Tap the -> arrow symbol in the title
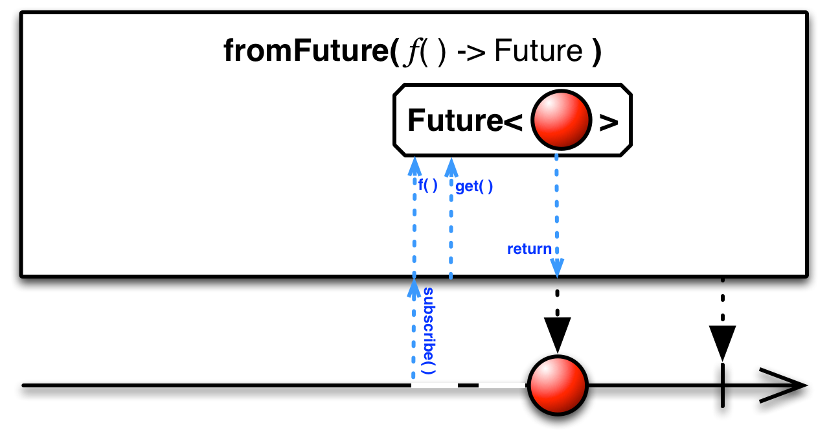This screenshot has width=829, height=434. (x=471, y=52)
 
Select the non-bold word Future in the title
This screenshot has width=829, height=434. (x=538, y=51)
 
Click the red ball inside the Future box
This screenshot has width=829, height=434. (x=562, y=120)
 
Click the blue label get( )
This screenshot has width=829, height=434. (x=474, y=187)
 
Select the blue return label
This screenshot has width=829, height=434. (x=529, y=249)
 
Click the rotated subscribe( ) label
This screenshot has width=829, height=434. (x=428, y=331)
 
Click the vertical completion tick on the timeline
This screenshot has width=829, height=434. (x=722, y=386)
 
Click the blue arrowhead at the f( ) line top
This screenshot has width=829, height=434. (x=413, y=166)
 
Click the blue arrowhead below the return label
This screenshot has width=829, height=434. (x=557, y=266)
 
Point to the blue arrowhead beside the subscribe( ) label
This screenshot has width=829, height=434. (x=413, y=289)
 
